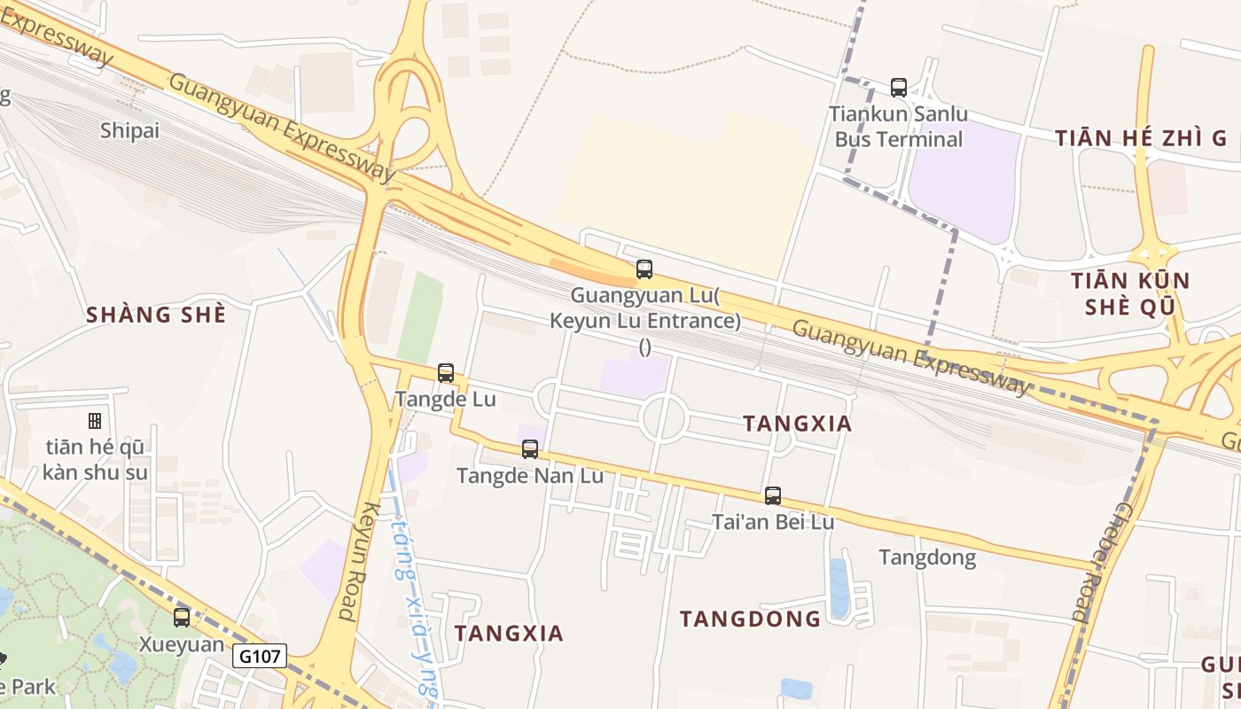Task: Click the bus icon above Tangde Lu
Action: tap(446, 373)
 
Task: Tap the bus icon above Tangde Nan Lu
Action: tap(530, 449)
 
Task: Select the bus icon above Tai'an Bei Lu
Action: tap(773, 496)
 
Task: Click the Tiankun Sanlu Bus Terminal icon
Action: tap(899, 88)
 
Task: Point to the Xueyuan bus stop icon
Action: tap(182, 618)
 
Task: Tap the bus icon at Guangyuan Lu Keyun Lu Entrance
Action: tap(644, 269)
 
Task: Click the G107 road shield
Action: tap(261, 657)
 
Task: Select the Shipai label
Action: tap(129, 131)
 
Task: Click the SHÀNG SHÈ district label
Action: tap(156, 315)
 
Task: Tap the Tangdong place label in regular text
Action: tap(927, 557)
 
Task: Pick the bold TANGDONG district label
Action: tap(750, 619)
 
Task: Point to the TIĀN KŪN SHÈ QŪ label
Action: tap(1130, 293)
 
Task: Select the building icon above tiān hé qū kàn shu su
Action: tap(95, 421)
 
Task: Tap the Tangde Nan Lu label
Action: tap(530, 476)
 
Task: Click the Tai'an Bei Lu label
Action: tap(773, 522)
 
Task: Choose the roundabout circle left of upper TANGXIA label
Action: tap(664, 417)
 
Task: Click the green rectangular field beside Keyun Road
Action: tap(420, 316)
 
